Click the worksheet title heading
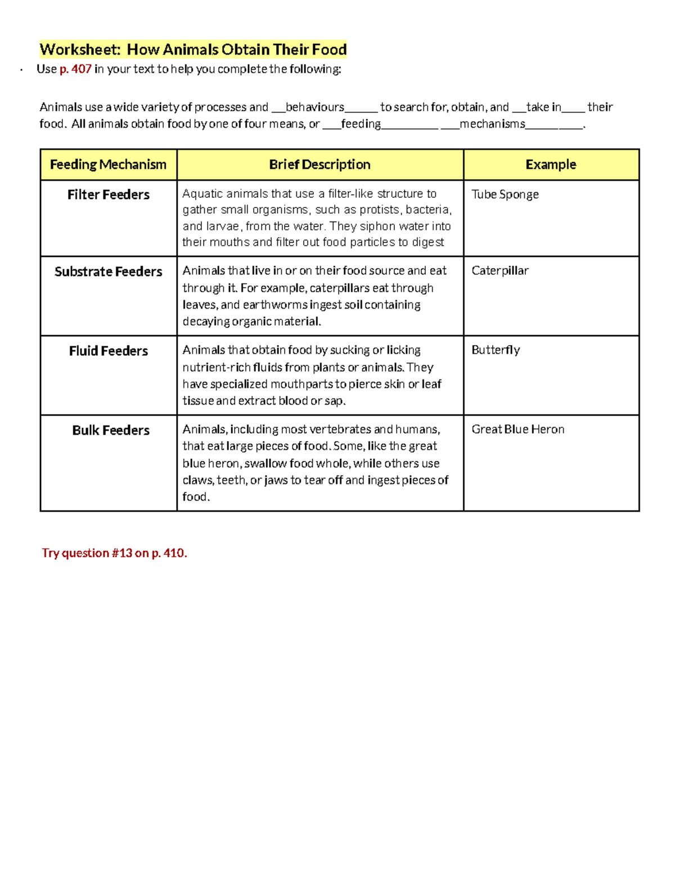(x=193, y=49)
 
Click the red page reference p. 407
(x=75, y=69)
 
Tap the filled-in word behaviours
(x=314, y=107)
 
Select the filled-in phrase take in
(x=543, y=107)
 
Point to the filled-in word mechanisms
(x=492, y=124)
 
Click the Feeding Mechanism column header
(x=108, y=165)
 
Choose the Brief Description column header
(x=319, y=165)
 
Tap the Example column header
(x=551, y=165)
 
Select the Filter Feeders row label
(x=108, y=194)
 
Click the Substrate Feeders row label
(x=108, y=272)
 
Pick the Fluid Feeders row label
(x=108, y=351)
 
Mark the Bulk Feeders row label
(x=110, y=430)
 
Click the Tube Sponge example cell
(x=505, y=194)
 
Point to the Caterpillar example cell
(x=499, y=271)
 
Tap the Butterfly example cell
(x=495, y=350)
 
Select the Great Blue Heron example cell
(x=517, y=429)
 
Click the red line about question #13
(x=114, y=553)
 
